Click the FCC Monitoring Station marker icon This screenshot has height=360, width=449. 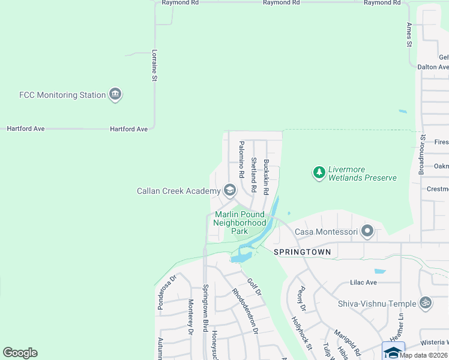[115, 94]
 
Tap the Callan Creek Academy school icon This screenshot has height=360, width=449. [229, 191]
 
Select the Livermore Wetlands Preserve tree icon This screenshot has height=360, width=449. [319, 173]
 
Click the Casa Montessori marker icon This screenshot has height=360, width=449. [367, 231]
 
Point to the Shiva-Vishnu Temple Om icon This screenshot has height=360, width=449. [426, 303]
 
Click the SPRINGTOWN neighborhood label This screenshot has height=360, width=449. [302, 252]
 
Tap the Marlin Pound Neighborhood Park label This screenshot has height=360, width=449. [240, 223]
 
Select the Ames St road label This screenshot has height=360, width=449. [409, 35]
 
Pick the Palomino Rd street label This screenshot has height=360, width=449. [241, 159]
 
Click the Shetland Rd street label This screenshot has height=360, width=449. [254, 175]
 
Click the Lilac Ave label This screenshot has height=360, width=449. [363, 282]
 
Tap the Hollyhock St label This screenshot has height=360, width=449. [302, 334]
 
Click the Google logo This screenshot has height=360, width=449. [20, 353]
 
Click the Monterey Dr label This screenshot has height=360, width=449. [190, 317]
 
